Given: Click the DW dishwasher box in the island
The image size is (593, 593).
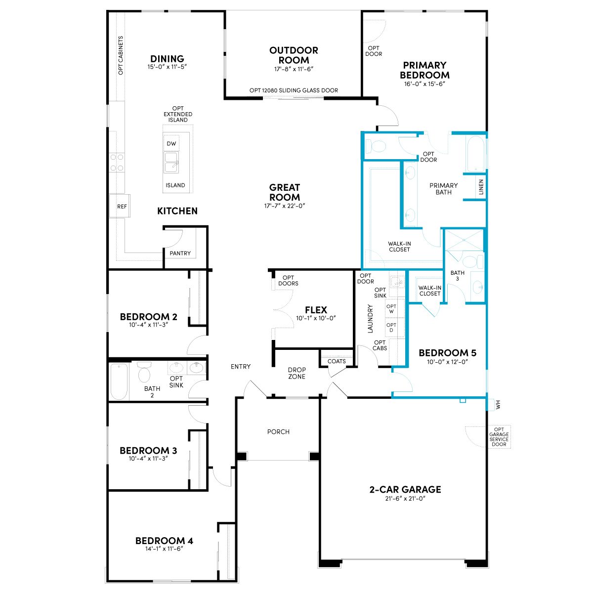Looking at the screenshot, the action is [x=171, y=143].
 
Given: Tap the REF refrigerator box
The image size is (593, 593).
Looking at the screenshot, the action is [x=120, y=206].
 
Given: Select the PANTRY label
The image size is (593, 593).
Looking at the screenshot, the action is [x=180, y=254].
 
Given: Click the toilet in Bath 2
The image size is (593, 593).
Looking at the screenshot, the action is [x=144, y=372].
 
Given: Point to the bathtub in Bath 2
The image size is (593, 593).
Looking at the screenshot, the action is [x=119, y=381].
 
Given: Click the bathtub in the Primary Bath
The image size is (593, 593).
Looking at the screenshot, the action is [x=475, y=154].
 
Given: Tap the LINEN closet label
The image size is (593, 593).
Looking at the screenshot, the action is [x=481, y=187].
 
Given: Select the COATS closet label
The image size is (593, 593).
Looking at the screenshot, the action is [x=337, y=361].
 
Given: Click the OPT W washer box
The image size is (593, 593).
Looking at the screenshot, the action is [x=391, y=309].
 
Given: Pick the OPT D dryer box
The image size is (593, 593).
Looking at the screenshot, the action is [x=391, y=328].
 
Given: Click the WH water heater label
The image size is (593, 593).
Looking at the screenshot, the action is [x=498, y=404].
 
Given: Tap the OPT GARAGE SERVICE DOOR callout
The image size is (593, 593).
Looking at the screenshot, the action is [x=499, y=437].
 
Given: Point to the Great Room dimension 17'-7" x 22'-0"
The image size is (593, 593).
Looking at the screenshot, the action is [x=284, y=206].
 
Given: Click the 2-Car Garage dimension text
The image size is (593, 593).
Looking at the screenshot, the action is [x=405, y=498].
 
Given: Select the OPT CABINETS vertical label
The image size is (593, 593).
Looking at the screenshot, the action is [x=121, y=55].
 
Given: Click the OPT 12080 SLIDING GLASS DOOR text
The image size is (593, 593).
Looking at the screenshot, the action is [x=294, y=90].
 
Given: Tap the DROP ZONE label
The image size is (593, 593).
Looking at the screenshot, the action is [x=296, y=373].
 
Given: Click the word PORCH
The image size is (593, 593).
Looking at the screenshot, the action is [x=278, y=432].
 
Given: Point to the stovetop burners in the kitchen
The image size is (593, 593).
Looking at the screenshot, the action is [x=117, y=163].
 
